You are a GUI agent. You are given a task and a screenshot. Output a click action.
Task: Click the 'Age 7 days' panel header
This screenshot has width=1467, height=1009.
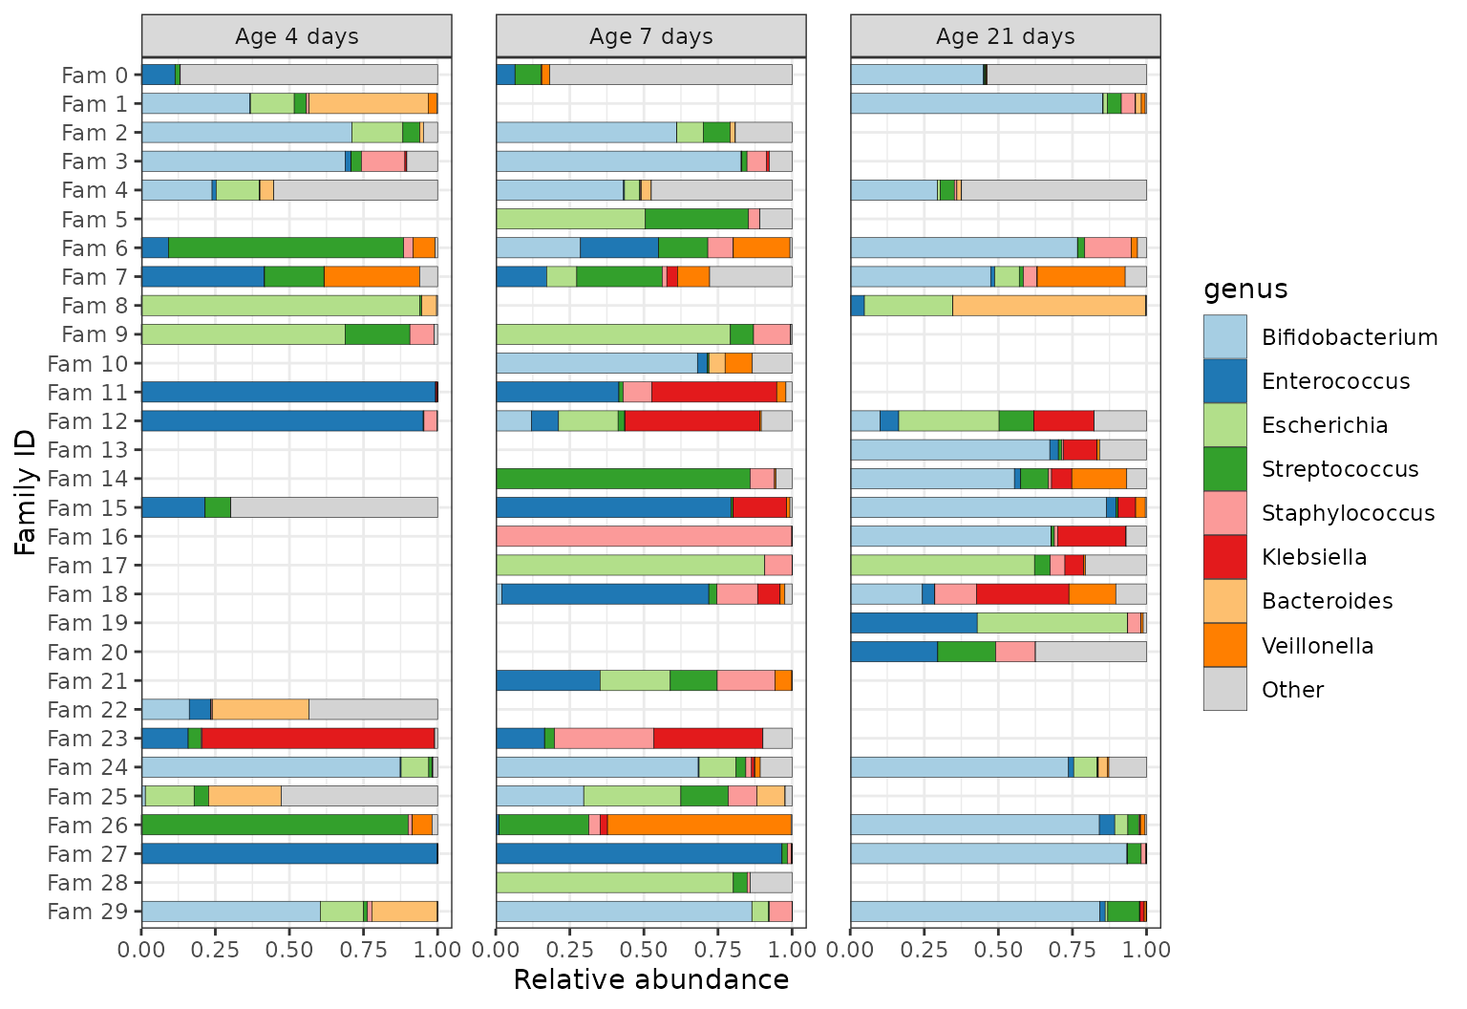(x=651, y=36)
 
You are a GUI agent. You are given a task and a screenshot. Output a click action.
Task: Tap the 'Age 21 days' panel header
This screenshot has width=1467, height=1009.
(x=1006, y=36)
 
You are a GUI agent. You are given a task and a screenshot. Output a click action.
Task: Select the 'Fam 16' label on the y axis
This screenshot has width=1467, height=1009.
(x=87, y=537)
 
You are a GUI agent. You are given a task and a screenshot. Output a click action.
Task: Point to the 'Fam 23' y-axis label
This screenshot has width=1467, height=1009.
(x=87, y=739)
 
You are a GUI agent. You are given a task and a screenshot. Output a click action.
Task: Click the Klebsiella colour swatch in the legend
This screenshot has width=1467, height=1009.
(x=1224, y=557)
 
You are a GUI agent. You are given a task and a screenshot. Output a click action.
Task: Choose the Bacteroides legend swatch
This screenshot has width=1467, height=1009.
(x=1224, y=601)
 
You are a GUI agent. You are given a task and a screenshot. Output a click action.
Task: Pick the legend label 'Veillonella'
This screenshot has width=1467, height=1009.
(x=1317, y=646)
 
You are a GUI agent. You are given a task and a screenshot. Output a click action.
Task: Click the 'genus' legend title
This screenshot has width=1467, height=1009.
(x=1245, y=289)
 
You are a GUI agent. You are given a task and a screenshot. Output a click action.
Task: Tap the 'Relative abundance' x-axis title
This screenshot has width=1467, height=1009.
(x=651, y=980)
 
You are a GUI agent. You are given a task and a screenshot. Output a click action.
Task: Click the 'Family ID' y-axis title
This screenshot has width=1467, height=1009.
(x=25, y=493)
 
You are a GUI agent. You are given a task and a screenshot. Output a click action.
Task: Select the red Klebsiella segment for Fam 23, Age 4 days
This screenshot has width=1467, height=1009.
(x=318, y=739)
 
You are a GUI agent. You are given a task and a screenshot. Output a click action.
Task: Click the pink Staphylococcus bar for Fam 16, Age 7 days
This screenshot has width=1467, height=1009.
(x=644, y=537)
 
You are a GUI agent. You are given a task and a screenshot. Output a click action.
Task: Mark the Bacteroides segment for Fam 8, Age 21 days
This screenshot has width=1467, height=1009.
(x=1050, y=306)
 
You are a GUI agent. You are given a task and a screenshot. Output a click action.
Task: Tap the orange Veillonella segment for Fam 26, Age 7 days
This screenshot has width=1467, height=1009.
(x=699, y=825)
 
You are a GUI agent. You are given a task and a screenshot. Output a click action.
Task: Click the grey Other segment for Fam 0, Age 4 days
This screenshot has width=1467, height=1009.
(x=309, y=75)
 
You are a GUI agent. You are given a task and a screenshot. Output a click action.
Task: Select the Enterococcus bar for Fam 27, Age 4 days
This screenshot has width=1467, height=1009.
(x=289, y=853)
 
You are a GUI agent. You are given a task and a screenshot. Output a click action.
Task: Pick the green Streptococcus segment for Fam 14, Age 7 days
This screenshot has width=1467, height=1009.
(x=624, y=479)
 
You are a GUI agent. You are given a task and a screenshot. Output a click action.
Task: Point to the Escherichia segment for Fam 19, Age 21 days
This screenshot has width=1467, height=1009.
(x=1052, y=623)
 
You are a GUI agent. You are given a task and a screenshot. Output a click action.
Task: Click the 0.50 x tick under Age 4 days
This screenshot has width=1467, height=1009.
(x=289, y=950)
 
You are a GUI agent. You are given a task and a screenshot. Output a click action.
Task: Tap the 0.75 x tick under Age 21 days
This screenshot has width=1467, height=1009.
(x=1073, y=950)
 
